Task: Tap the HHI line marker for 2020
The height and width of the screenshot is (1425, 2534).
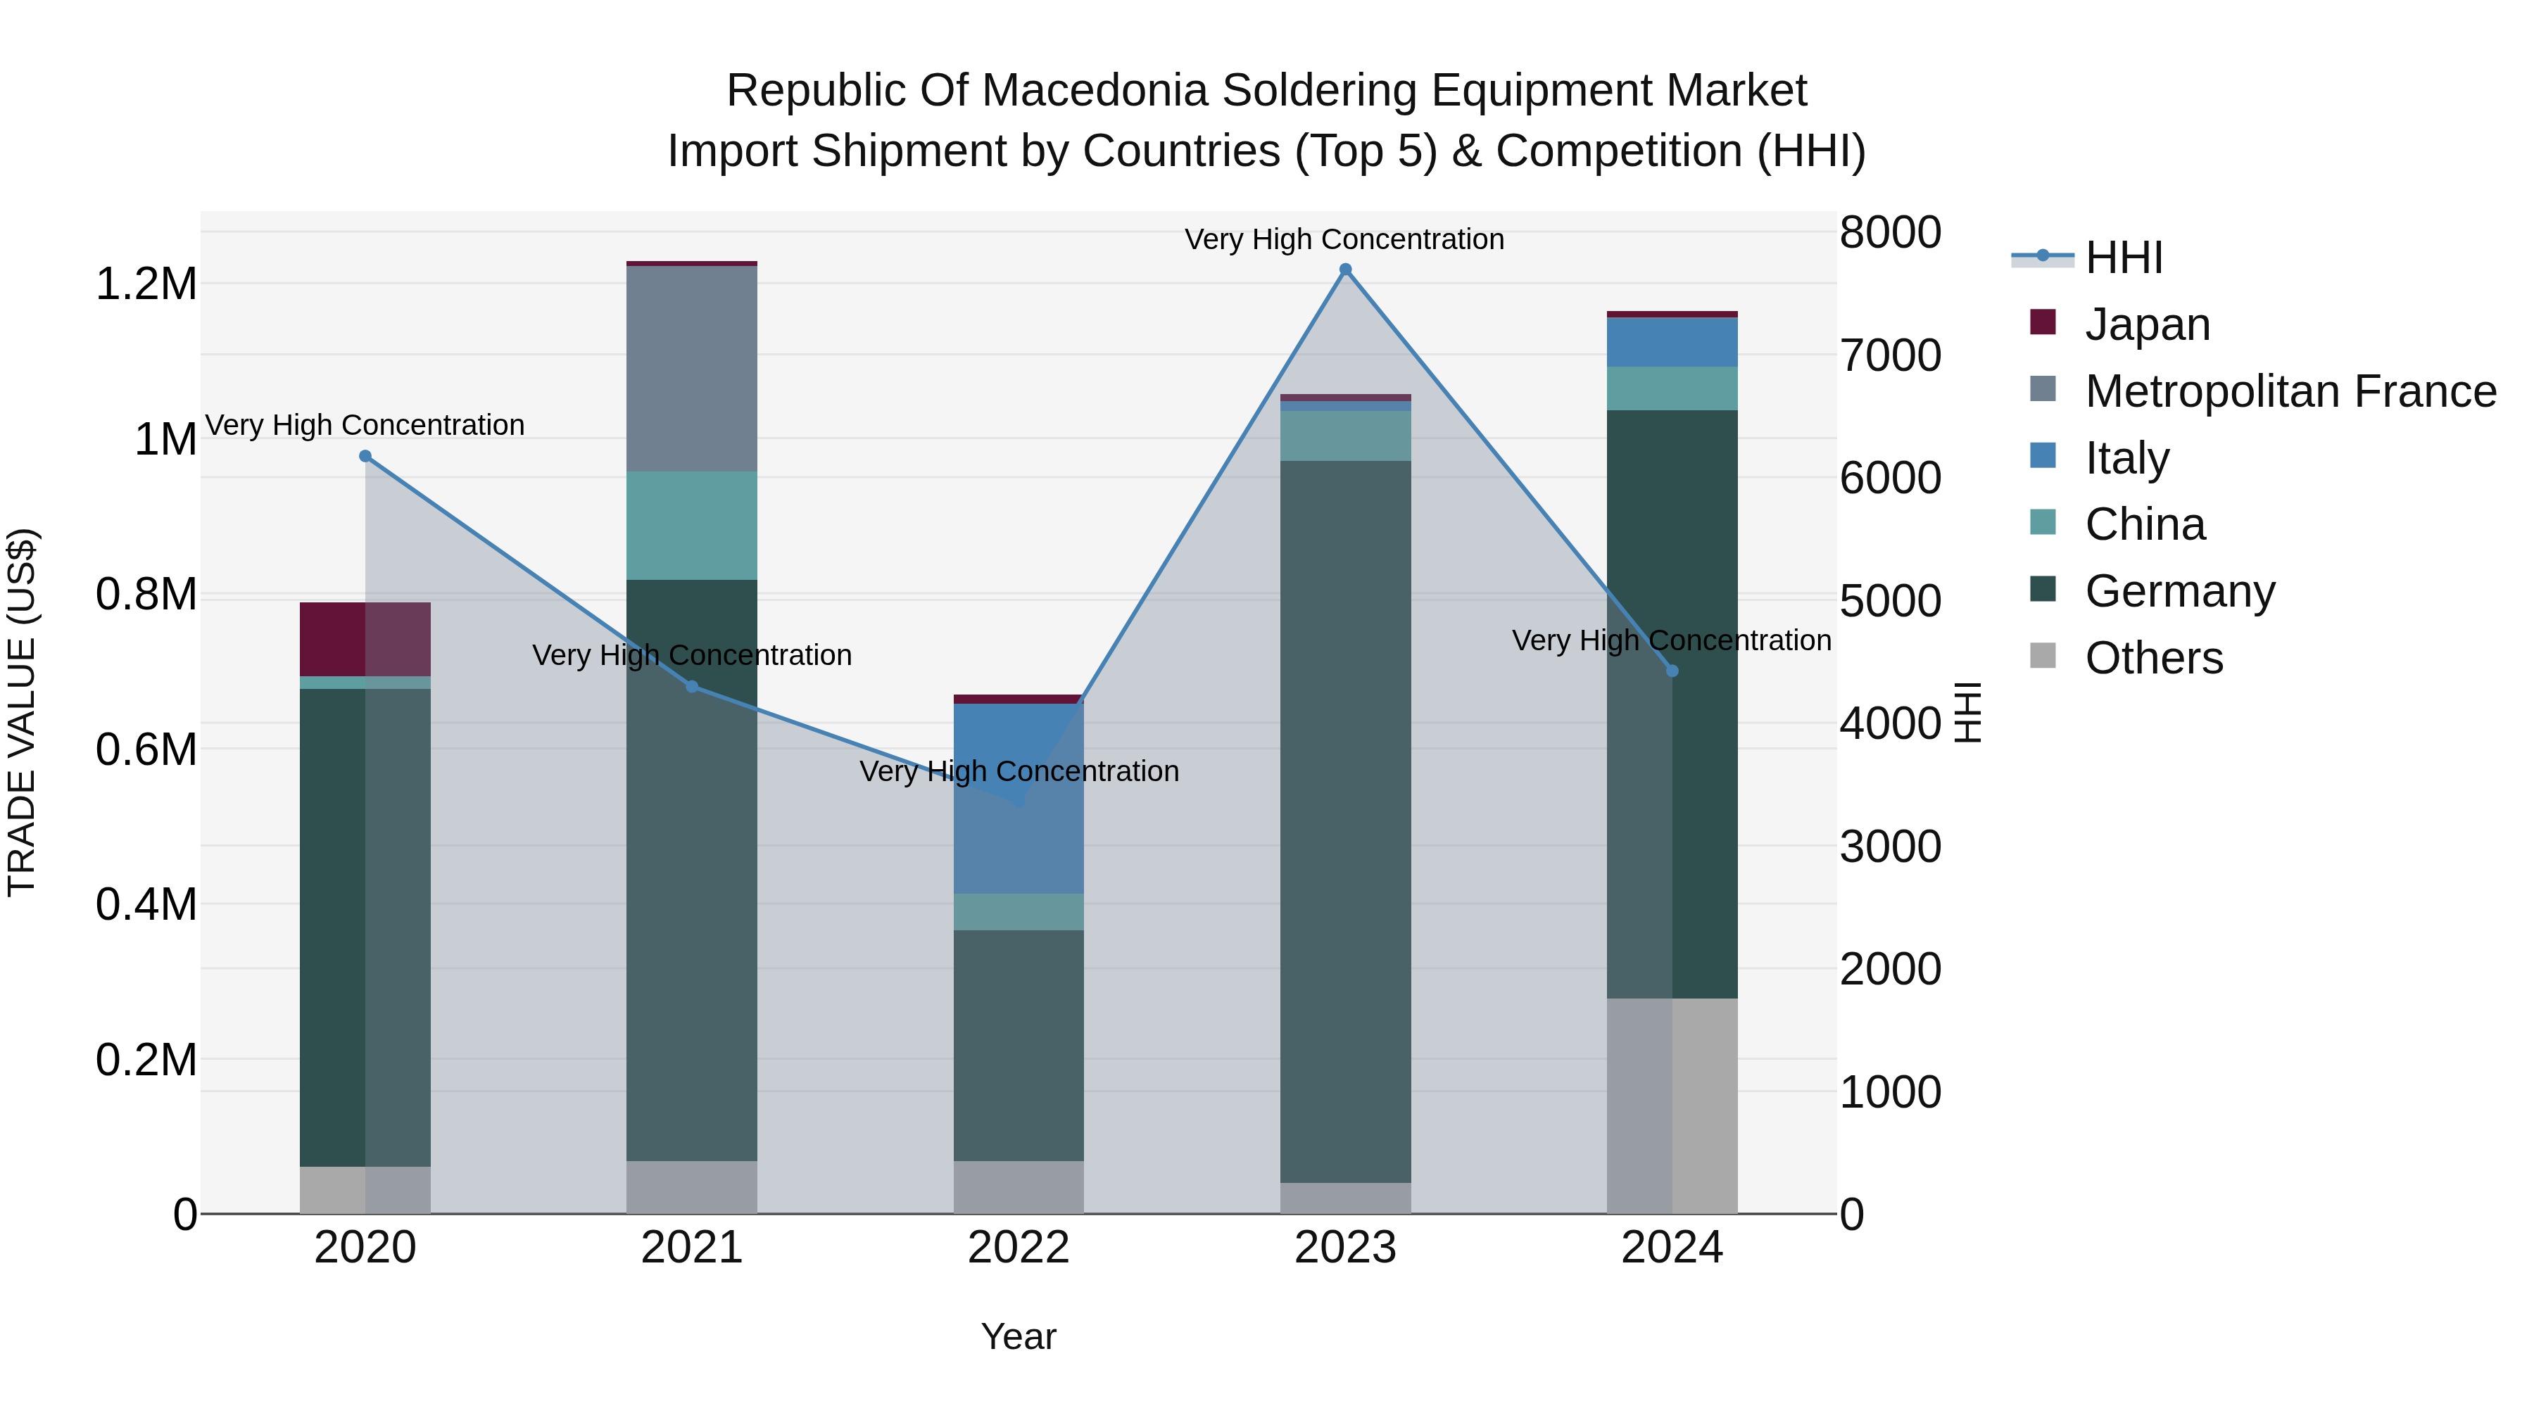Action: [x=365, y=456]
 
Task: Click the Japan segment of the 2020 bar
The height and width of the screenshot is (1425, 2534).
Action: [x=365, y=638]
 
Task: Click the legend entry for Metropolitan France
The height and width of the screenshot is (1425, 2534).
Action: [x=2290, y=391]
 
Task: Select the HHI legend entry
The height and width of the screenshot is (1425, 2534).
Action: [x=2123, y=258]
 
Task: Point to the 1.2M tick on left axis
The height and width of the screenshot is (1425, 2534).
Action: [x=146, y=284]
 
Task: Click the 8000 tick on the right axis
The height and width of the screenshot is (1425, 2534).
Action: [x=1890, y=233]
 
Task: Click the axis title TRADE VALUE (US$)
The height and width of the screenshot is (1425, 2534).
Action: [x=22, y=712]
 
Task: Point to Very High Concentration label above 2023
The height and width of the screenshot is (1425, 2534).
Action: [x=1344, y=239]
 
